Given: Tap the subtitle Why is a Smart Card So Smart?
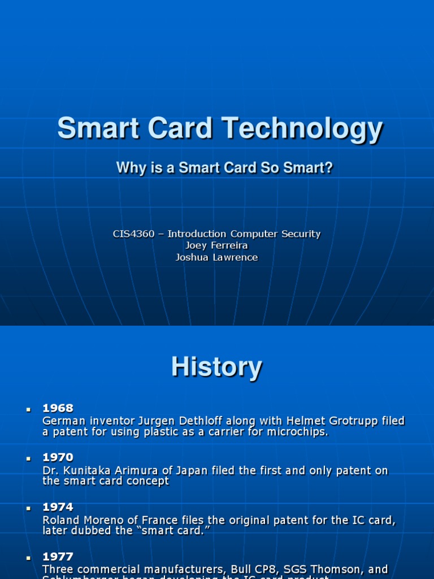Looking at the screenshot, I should (224, 167).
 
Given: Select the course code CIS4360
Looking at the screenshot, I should (133, 234).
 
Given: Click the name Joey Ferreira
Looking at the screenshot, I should (216, 245).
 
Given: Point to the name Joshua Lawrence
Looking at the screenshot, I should (216, 257).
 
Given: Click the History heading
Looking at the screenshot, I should (216, 367).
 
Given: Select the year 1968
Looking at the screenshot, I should (58, 408).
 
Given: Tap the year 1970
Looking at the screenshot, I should (58, 457).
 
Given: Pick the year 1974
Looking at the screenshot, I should (58, 507).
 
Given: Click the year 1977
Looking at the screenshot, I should (58, 557).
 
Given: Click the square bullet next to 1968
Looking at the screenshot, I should (28, 408).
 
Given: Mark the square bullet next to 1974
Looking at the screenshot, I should (28, 508).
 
